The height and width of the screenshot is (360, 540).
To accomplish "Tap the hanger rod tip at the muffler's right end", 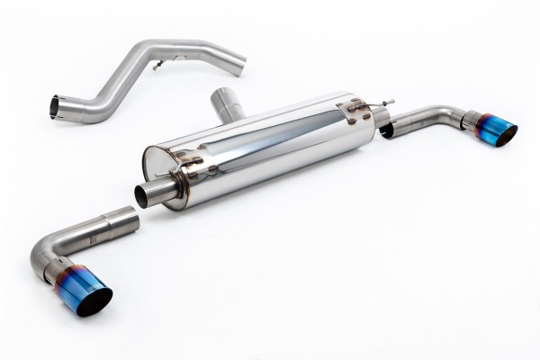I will pyautogui.click(x=390, y=103).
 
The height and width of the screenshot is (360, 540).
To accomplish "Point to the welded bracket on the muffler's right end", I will pyautogui.click(x=356, y=110).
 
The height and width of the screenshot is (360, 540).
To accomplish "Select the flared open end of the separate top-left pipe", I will pyautogui.click(x=55, y=107).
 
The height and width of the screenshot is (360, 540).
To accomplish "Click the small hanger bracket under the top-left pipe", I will pyautogui.click(x=158, y=65).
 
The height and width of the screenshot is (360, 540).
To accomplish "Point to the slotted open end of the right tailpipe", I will pyautogui.click(x=388, y=130).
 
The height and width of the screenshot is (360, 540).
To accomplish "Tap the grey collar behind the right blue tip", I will pyautogui.click(x=470, y=121).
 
